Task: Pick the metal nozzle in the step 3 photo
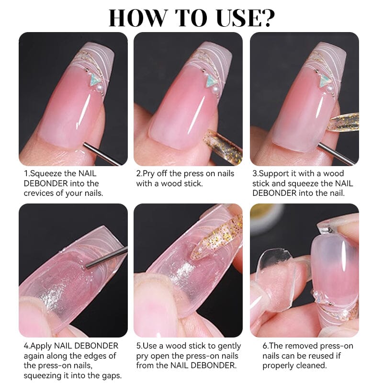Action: [335, 152]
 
